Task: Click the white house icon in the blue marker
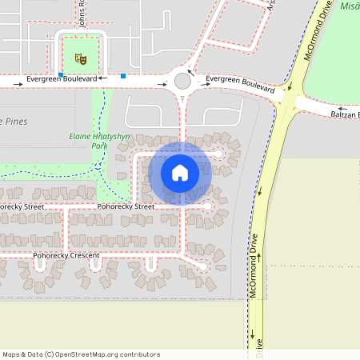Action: [180, 172]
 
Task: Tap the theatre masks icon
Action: [79, 58]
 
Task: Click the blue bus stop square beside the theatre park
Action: [61, 75]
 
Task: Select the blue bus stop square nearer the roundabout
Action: [123, 76]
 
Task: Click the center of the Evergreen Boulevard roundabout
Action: [182, 81]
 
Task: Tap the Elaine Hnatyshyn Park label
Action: [88, 141]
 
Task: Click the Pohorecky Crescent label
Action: [66, 256]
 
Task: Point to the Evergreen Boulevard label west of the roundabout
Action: [62, 80]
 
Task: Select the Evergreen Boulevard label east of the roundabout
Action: [240, 82]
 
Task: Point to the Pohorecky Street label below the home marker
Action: [126, 206]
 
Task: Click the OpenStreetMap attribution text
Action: [82, 354]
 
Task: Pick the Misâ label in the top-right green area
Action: [349, 6]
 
